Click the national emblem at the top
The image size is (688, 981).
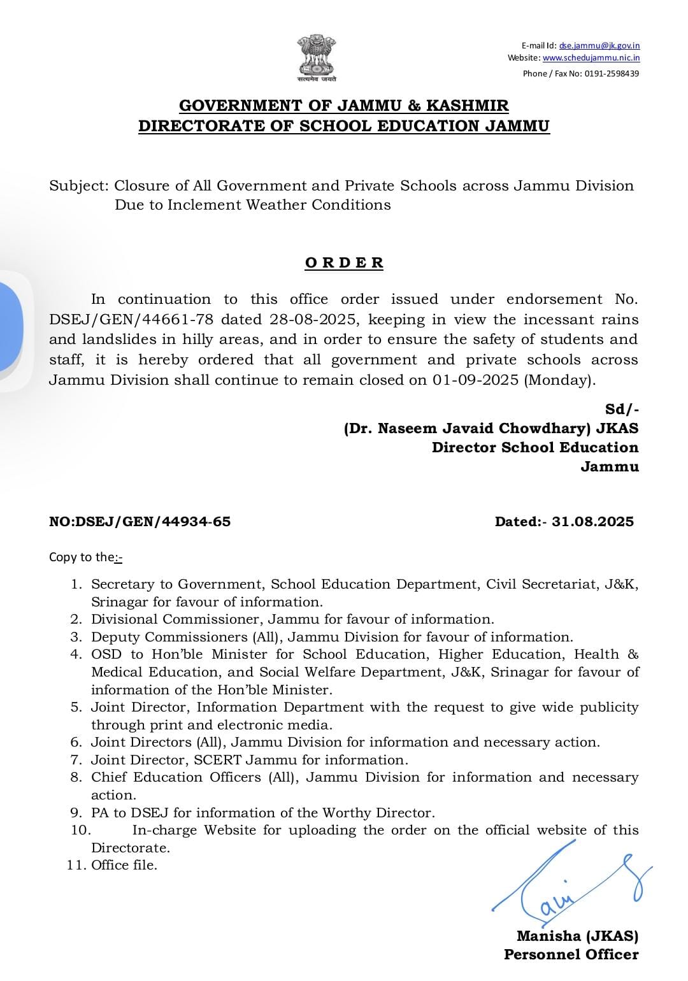(316, 59)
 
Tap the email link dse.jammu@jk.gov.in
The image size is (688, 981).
(599, 45)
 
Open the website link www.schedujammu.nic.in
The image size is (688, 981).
(591, 58)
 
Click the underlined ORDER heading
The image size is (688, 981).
(344, 263)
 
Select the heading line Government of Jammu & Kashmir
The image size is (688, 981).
(344, 105)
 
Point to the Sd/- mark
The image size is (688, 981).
(621, 409)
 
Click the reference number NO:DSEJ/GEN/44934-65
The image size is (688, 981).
(140, 522)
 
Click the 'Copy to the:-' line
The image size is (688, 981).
(86, 557)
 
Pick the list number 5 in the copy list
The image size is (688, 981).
(76, 707)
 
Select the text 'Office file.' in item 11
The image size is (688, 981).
(124, 865)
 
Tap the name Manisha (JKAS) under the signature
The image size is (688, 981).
(577, 936)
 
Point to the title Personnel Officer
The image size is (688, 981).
(571, 954)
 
